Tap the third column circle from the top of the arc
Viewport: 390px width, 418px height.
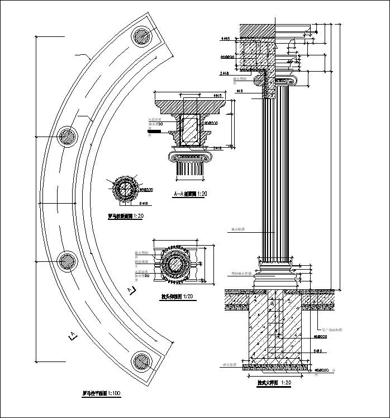[x=68, y=261]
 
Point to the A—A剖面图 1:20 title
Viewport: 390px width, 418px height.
[x=191, y=194]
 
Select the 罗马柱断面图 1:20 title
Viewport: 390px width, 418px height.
[x=125, y=215]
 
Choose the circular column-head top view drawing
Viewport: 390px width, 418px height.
[x=177, y=264]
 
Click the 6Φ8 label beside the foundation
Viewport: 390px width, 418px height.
[x=319, y=351]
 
